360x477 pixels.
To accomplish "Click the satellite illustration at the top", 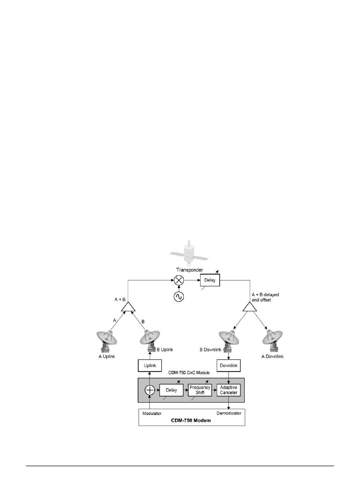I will click(x=188, y=252).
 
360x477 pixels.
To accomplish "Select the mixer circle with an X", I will click(x=178, y=281).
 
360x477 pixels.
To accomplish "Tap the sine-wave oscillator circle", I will click(x=178, y=297).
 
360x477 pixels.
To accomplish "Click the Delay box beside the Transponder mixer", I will click(x=210, y=281).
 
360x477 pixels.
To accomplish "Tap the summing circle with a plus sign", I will click(x=150, y=390).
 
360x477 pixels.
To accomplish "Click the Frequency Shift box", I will click(x=200, y=390).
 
